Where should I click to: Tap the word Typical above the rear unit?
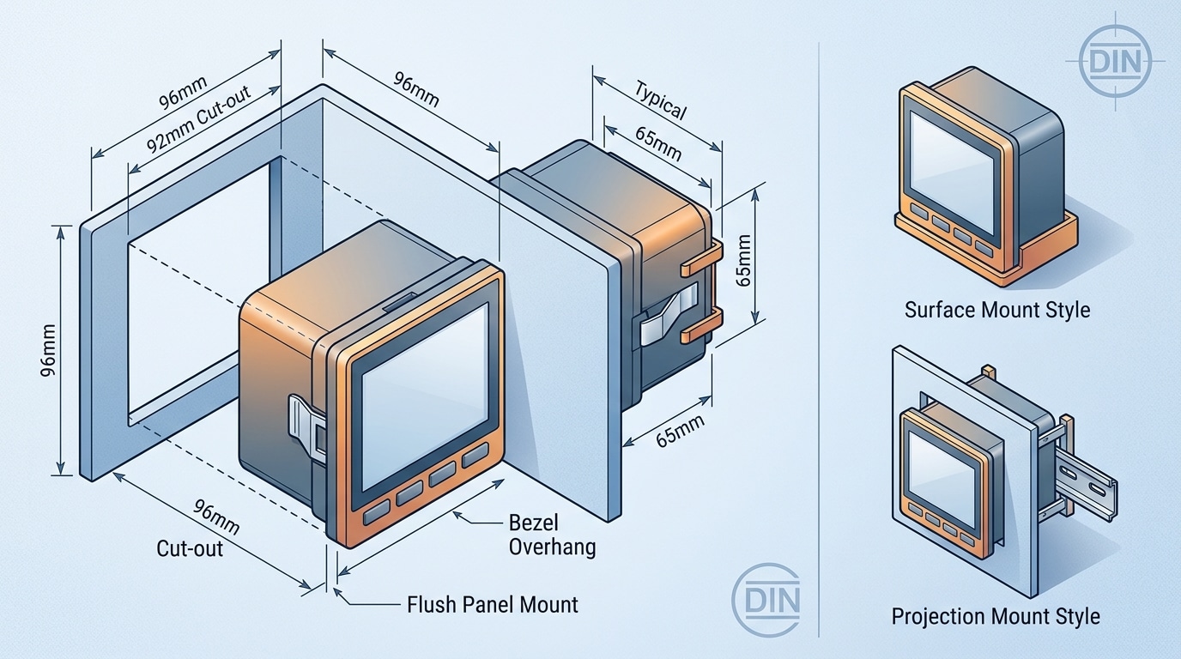661,100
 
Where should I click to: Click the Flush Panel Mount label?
492,604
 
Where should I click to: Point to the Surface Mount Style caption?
996,309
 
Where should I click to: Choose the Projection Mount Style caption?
995,616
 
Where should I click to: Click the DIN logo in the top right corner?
1115,61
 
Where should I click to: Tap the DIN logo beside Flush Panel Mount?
767,597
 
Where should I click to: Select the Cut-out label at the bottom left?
190,547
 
